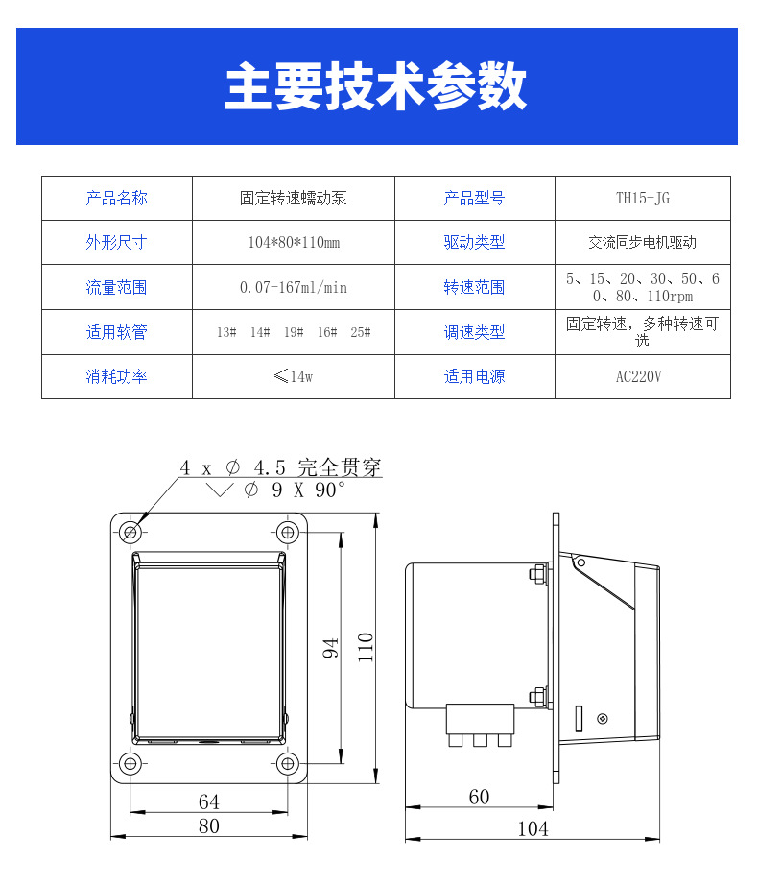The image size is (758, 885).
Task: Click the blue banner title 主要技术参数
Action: (376, 87)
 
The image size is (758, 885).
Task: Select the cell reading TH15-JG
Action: (642, 199)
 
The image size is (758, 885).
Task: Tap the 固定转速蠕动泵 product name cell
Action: (293, 199)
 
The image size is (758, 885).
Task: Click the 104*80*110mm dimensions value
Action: (293, 243)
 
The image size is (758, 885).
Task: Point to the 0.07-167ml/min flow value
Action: (293, 287)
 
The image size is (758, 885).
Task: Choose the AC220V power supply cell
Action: (642, 376)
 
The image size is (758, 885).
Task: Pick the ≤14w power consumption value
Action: (293, 376)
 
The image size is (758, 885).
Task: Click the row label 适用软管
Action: (116, 332)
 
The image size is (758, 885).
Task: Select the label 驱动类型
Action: (474, 243)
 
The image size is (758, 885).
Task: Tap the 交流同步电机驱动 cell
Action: (642, 243)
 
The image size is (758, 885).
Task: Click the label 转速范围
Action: (474, 287)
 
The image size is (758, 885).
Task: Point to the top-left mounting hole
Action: (131, 531)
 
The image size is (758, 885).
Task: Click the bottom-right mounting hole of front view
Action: (287, 763)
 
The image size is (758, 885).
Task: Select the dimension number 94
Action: (331, 647)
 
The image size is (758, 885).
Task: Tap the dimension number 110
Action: (366, 647)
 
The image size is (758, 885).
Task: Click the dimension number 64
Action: (208, 801)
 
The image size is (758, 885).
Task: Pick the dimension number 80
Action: (208, 825)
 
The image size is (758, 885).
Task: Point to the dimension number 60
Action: (479, 797)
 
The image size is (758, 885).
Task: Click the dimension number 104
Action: (533, 828)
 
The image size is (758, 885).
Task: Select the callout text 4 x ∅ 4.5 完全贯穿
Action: (280, 467)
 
